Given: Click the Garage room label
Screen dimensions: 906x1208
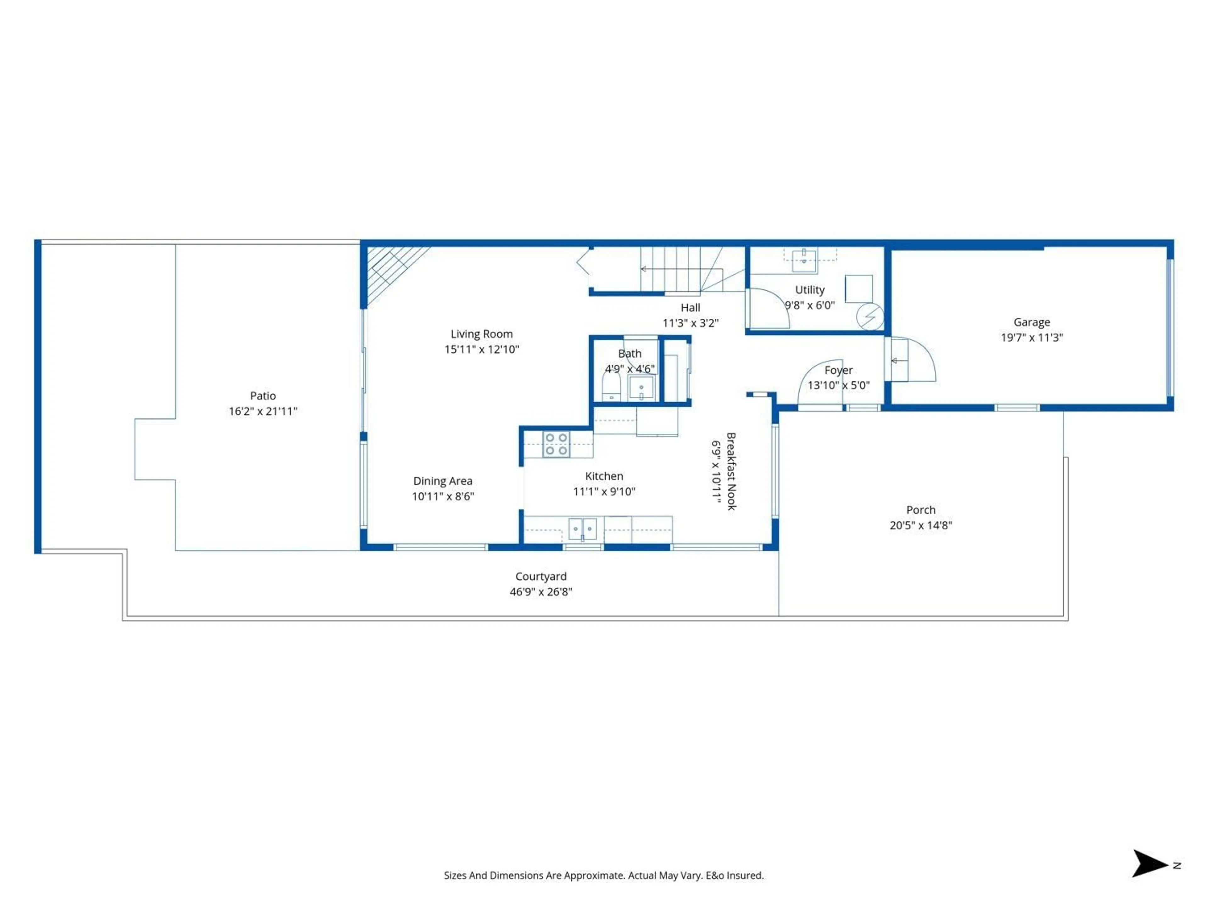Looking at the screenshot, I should (1031, 322).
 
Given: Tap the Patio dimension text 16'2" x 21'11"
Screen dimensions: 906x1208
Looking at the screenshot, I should (263, 411).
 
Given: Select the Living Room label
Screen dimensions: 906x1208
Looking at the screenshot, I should (481, 334).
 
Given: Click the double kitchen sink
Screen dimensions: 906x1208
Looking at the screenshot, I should (582, 529).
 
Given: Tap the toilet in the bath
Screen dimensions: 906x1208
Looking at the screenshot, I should (611, 387).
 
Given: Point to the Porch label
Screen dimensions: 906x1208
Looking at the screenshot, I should (921, 510).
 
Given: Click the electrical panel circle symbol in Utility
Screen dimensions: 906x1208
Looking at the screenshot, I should (870, 317).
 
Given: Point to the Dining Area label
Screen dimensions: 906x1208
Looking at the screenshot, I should (442, 481).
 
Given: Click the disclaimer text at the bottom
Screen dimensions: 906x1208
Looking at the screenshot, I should (603, 875).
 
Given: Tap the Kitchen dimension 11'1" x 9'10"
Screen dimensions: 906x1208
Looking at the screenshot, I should (604, 491).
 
